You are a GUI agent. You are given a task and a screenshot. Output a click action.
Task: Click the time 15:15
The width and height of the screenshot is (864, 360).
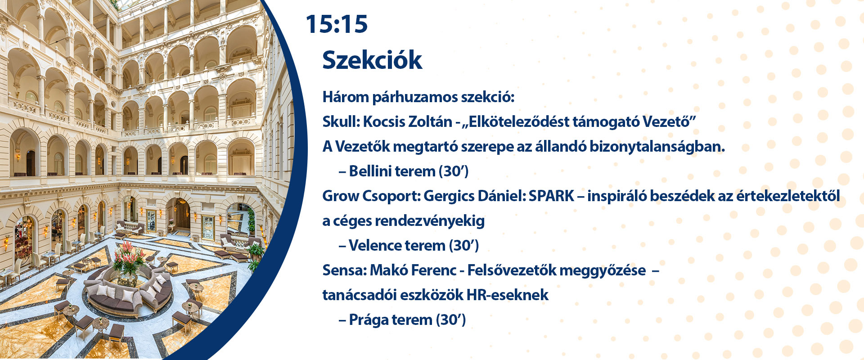point(337,24)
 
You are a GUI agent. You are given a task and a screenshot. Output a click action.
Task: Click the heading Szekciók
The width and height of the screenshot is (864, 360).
point(372,60)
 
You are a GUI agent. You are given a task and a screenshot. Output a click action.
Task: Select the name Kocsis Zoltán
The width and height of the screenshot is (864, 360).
point(408,121)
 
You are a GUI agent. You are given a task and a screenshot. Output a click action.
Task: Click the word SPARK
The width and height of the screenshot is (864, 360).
point(551,196)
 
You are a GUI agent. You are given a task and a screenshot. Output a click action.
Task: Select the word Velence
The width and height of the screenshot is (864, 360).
point(374,246)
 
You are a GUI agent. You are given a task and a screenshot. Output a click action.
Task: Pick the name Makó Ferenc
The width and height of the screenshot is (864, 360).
point(413,270)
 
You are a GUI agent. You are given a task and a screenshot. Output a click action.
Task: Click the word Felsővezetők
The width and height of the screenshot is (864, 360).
point(510,270)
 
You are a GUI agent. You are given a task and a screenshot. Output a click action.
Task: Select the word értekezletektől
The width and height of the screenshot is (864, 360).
point(788,196)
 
